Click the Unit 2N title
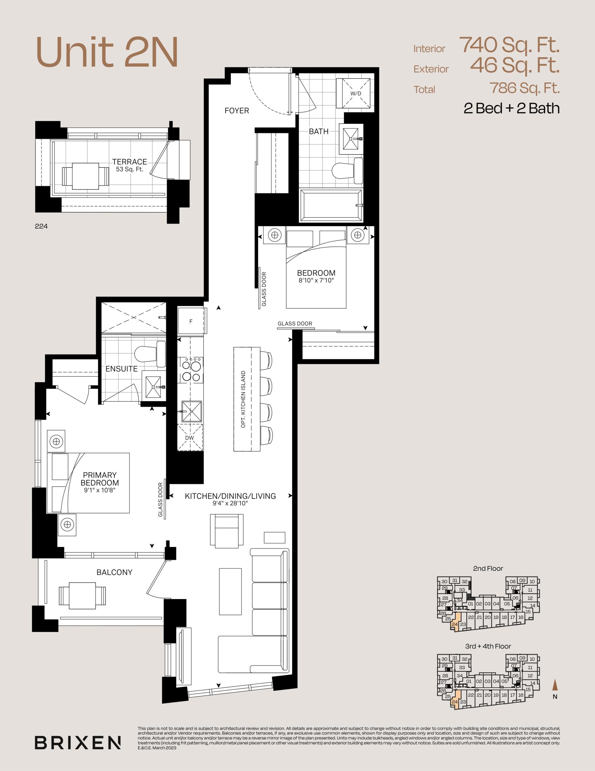pos(107,52)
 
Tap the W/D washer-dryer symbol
pos(354,93)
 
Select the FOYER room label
pos(237,111)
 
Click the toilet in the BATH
pos(347,170)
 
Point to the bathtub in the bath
pos(331,205)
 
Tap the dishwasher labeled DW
pos(190,437)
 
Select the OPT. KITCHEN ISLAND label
pos(243,399)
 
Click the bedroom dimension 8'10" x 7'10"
pos(316,281)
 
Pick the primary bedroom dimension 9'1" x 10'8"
pos(100,490)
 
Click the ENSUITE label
pos(121,369)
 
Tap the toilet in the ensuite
pos(150,354)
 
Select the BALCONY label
pos(115,572)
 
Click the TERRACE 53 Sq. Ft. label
pos(129,165)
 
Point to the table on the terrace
pos(86,176)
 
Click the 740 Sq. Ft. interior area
pos(509,45)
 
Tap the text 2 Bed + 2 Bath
pos(511,108)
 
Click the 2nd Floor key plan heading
pos(488,568)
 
